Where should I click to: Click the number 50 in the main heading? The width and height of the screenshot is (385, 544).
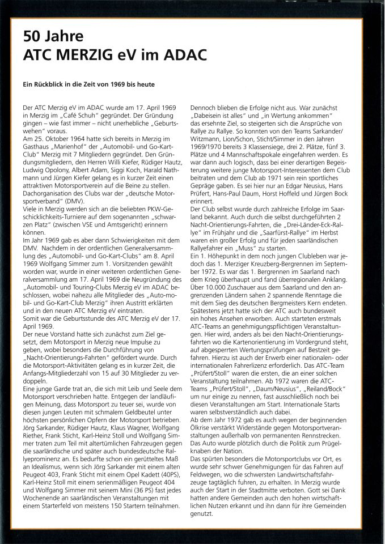pyautogui.click(x=33, y=37)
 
